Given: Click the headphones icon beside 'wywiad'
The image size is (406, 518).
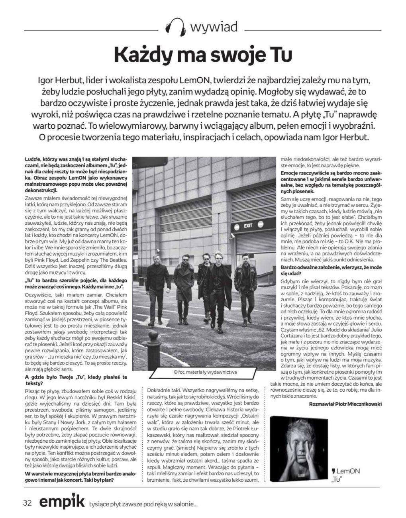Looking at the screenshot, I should [175, 27].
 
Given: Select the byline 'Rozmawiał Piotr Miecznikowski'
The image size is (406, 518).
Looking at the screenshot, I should [345, 404].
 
